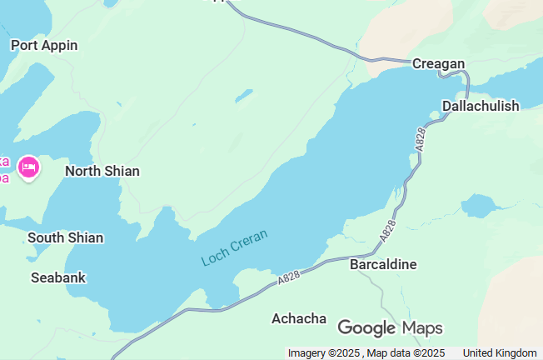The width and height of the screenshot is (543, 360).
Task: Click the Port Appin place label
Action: point(44,45)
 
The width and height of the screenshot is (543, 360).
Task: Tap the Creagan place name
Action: point(438,64)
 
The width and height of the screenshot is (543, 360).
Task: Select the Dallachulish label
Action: point(481,106)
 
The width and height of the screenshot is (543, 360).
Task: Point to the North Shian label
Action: point(102,171)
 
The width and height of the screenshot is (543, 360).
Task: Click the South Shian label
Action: point(66,237)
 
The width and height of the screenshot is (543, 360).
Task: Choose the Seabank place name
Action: point(58,277)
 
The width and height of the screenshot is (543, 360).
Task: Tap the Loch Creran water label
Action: point(235,248)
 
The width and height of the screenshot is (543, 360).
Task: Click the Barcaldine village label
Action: point(383,264)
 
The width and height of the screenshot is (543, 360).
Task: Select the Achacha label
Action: point(299,318)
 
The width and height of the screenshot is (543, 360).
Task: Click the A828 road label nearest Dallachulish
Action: point(421,139)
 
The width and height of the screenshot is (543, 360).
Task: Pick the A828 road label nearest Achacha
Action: point(289,278)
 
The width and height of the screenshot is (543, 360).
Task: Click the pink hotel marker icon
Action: point(29,167)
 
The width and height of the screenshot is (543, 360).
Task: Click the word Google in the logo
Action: point(366,327)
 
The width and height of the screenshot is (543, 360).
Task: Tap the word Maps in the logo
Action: point(422,327)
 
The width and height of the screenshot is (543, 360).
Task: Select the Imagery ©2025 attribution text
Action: point(324,353)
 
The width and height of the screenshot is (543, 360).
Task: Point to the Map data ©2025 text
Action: point(406,353)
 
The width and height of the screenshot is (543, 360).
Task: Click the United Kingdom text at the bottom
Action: point(500,353)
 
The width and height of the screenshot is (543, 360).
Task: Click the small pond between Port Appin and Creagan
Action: point(243,96)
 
